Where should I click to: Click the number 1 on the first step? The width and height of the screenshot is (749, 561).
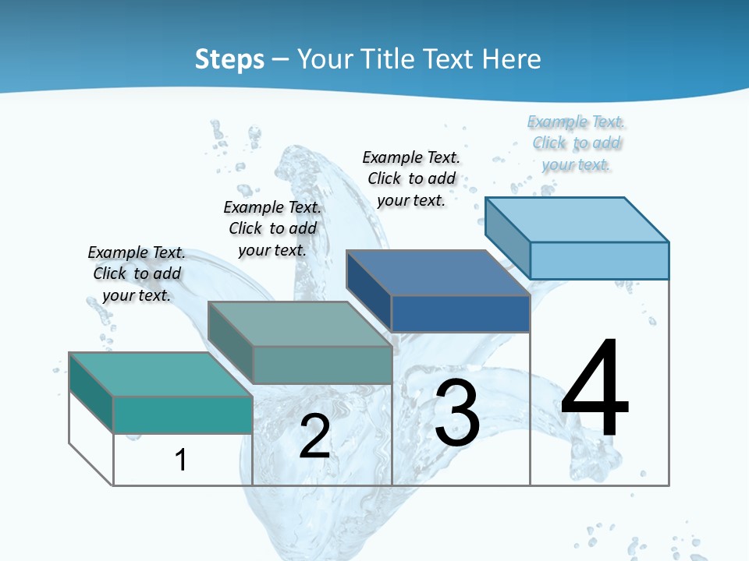pyautogui.click(x=181, y=460)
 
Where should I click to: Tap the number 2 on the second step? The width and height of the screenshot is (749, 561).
pyautogui.click(x=314, y=436)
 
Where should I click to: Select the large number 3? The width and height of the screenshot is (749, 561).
pyautogui.click(x=457, y=414)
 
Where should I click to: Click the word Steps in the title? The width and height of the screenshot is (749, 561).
pyautogui.click(x=229, y=59)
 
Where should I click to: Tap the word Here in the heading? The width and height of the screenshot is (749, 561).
pyautogui.click(x=513, y=59)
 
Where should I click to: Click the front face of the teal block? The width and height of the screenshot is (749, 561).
pyautogui.click(x=183, y=415)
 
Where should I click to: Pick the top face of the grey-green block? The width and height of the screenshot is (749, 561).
pyautogui.click(x=300, y=324)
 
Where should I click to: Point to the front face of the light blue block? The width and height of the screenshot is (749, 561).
pyautogui.click(x=599, y=260)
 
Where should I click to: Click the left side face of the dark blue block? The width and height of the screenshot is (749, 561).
pyautogui.click(x=369, y=284)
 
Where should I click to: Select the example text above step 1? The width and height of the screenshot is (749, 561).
pyautogui.click(x=137, y=273)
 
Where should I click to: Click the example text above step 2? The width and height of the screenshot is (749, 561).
pyautogui.click(x=272, y=228)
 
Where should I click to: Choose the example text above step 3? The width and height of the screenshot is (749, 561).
pyautogui.click(x=411, y=178)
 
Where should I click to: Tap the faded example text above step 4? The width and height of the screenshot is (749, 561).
pyautogui.click(x=577, y=143)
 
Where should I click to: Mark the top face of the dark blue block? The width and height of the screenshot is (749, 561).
pyautogui.click(x=438, y=273)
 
